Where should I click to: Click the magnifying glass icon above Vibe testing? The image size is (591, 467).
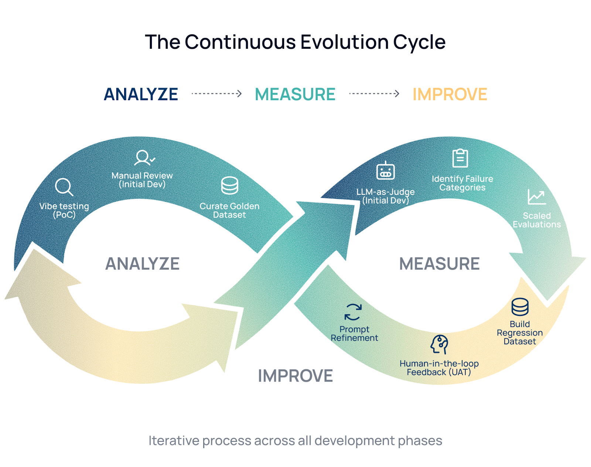point(64,187)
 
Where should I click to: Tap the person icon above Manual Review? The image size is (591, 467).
point(143,158)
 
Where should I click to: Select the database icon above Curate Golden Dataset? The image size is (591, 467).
point(229,185)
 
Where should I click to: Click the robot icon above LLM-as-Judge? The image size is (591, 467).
point(385,171)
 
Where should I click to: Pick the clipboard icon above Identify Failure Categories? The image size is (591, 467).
point(460,158)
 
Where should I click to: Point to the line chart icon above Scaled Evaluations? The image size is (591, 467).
point(536,197)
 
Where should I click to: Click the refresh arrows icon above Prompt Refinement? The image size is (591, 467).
point(353,312)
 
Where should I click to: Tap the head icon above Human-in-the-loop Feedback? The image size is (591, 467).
point(439,344)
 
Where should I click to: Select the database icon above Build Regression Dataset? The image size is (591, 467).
point(520,307)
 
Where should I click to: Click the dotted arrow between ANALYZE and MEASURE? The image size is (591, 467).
point(216,94)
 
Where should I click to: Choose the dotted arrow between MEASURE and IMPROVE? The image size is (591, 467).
point(374,94)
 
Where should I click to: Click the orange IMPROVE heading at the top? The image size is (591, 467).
point(450,94)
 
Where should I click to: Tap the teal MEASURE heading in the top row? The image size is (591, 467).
point(295,94)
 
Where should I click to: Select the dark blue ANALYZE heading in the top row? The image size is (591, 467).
point(141,94)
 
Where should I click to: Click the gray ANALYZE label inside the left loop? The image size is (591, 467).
point(142,264)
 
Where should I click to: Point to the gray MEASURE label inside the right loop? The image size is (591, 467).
point(439,264)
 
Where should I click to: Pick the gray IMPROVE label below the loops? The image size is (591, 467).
point(295,376)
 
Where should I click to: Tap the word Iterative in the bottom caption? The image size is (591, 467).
point(174,440)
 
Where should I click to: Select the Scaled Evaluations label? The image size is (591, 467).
point(536,220)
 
